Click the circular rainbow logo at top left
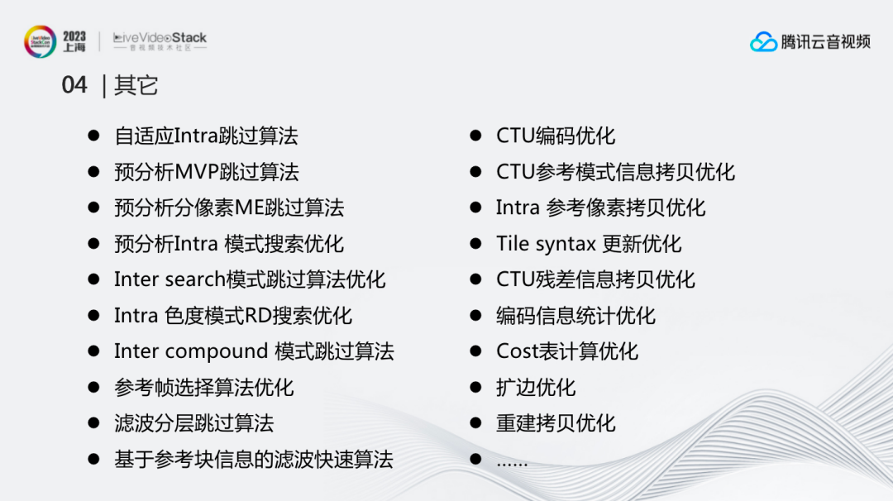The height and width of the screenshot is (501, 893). (40, 41)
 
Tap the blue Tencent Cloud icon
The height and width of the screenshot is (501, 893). (763, 41)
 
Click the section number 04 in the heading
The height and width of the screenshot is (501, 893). (74, 85)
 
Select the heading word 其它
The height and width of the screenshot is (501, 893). (136, 85)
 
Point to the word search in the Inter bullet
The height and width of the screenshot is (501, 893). (195, 279)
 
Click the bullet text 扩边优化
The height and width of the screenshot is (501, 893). (536, 388)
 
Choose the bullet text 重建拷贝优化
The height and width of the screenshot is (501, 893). (556, 423)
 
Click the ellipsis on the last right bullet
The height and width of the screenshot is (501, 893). (512, 464)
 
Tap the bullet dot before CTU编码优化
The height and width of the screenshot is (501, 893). (475, 136)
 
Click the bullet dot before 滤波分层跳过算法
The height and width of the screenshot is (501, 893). (94, 423)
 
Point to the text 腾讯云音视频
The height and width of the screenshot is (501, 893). (825, 41)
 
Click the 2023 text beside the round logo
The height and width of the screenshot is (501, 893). (74, 36)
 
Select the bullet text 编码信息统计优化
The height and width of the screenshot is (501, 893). (575, 316)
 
